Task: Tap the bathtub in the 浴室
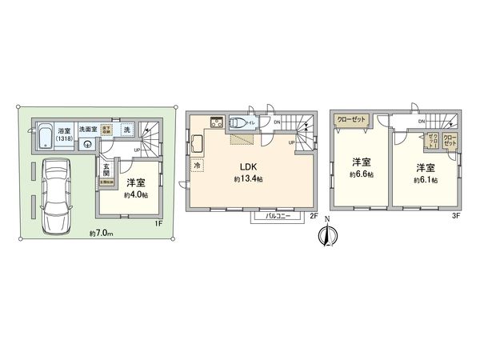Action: [42, 134]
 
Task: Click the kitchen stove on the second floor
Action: [216, 122]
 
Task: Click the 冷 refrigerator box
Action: [197, 166]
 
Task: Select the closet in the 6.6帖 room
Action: [352, 118]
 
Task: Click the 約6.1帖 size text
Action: [426, 181]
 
